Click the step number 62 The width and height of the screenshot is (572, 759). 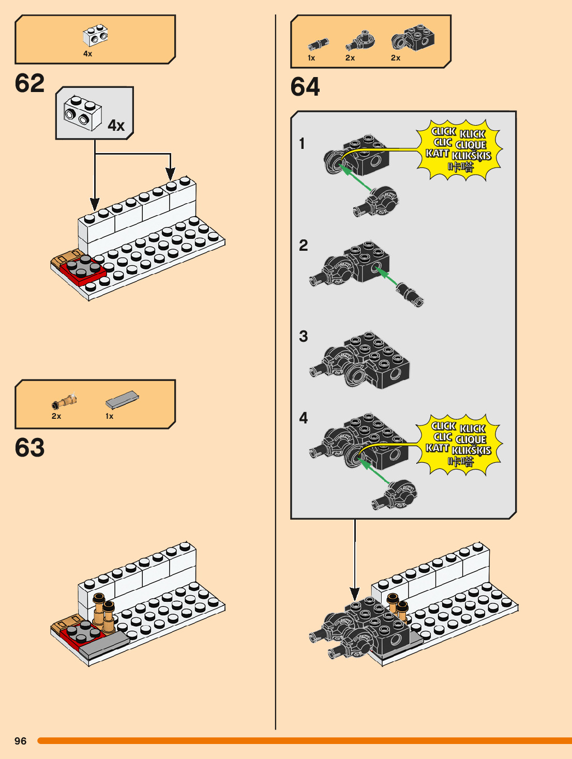coord(29,83)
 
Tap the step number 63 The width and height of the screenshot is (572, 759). coord(29,448)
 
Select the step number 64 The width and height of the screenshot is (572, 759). coord(305,87)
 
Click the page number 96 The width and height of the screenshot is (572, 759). coord(20,741)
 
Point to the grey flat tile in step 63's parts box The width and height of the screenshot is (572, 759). coord(122,400)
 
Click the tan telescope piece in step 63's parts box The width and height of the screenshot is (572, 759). coord(65,401)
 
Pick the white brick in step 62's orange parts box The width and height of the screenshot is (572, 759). coord(95,35)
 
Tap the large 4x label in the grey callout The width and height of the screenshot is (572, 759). coord(116,126)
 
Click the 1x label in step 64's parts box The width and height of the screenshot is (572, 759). coord(311,58)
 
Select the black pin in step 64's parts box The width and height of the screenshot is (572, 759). coord(318,44)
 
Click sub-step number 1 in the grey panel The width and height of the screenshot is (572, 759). coord(302,144)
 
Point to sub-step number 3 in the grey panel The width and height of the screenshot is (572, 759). coord(304,337)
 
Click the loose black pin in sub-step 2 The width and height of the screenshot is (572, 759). coord(410,294)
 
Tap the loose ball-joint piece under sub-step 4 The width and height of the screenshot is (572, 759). coord(395,495)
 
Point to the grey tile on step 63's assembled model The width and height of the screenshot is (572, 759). coord(103,644)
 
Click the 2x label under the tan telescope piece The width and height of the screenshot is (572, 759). coord(56,416)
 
